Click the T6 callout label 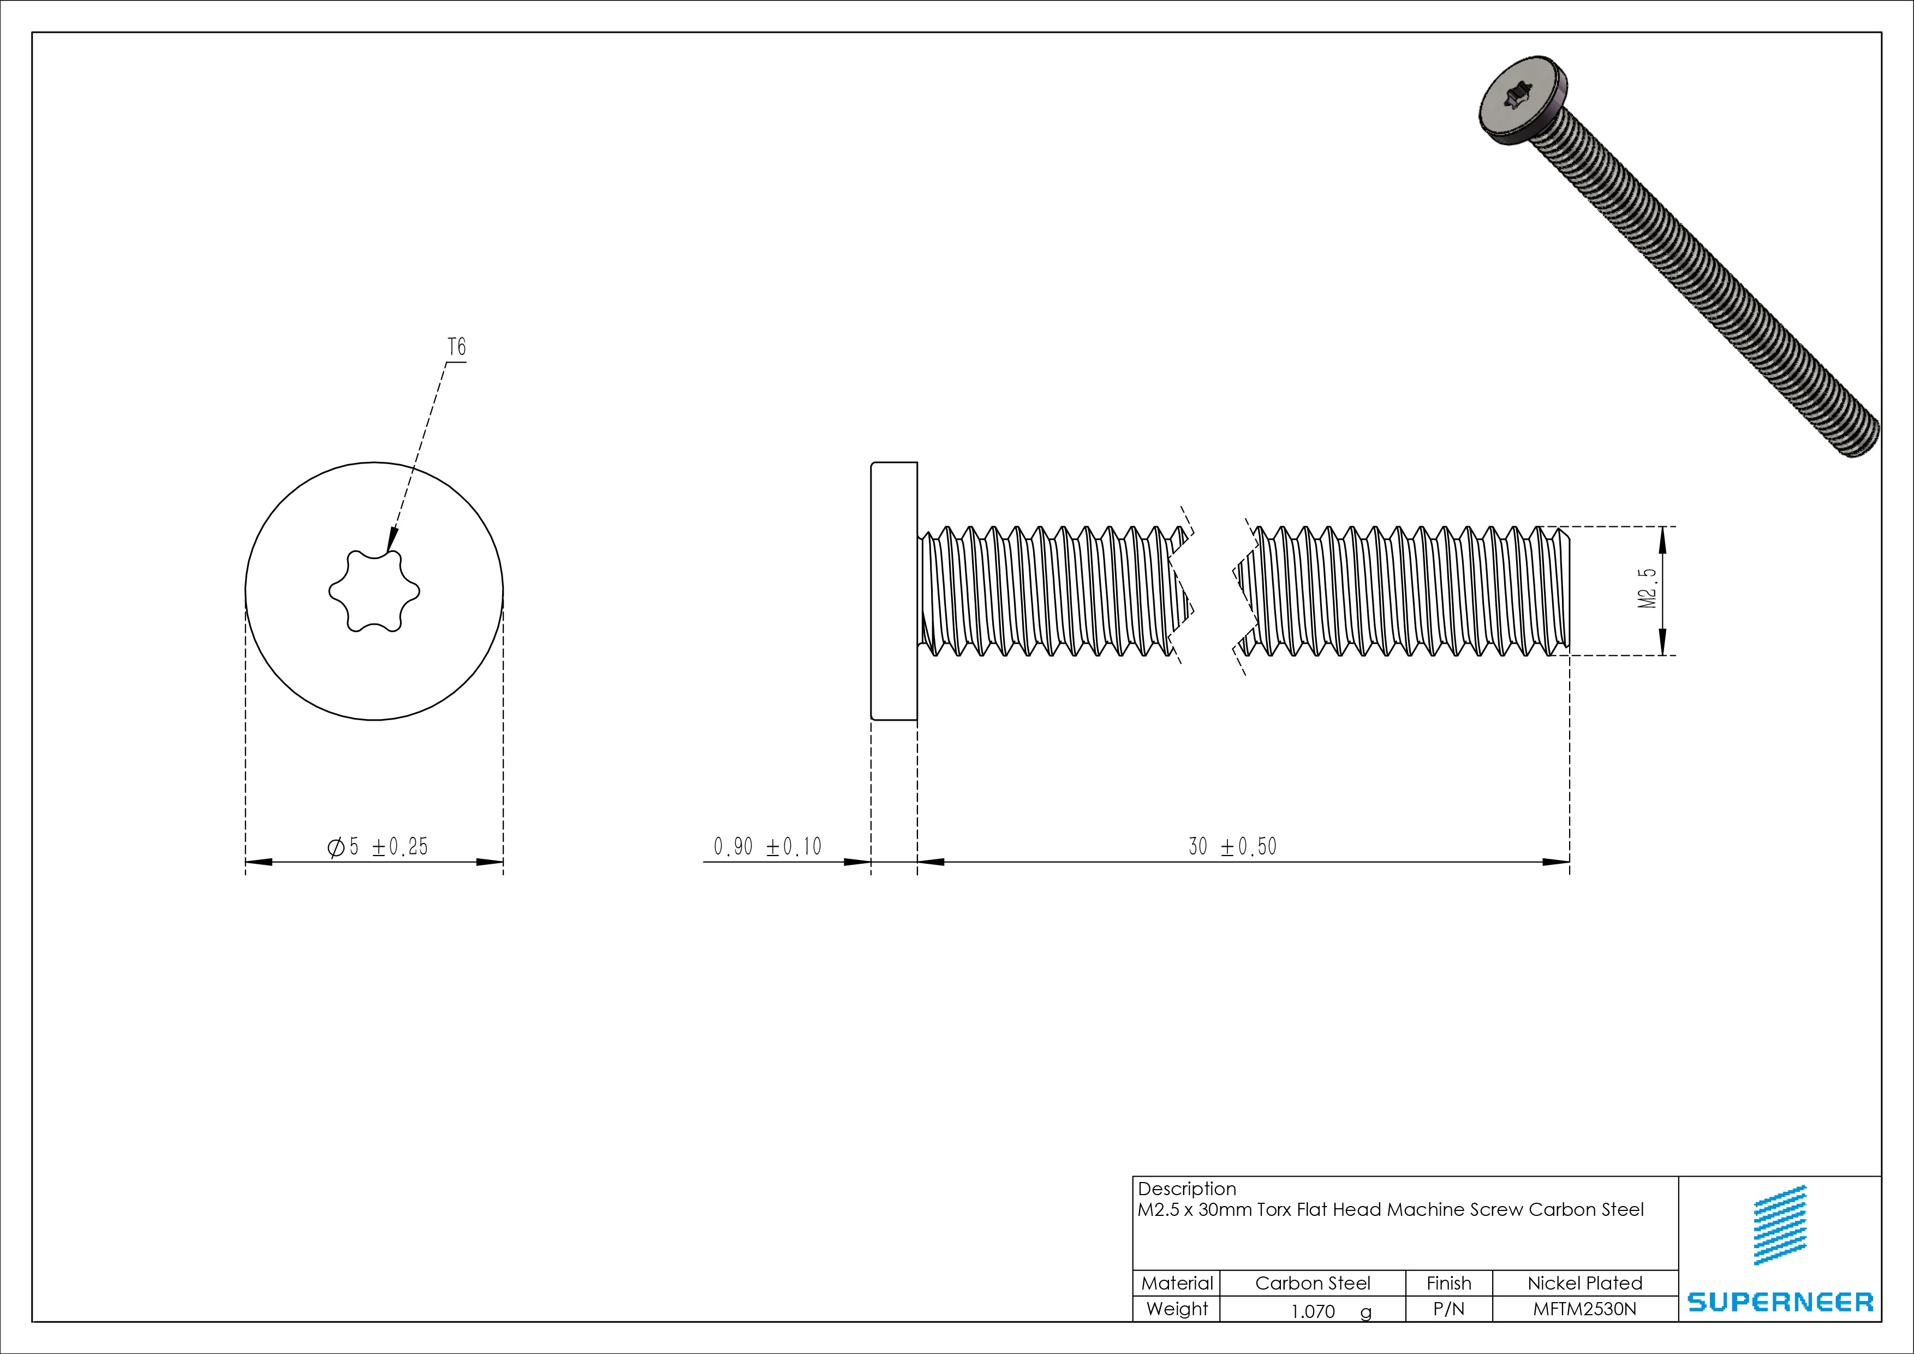457,347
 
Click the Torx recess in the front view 374,591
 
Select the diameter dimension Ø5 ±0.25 378,847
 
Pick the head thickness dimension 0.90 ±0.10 767,847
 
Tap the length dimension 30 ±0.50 1232,847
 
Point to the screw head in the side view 893,590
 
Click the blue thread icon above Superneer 1781,1225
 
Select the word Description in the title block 1186,1189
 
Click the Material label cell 1176,1283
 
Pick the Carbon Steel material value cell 1312,1283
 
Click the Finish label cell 1449,1283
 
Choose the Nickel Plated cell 1585,1283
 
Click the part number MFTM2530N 1585,1309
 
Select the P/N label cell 1449,1309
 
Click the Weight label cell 1176,1309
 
